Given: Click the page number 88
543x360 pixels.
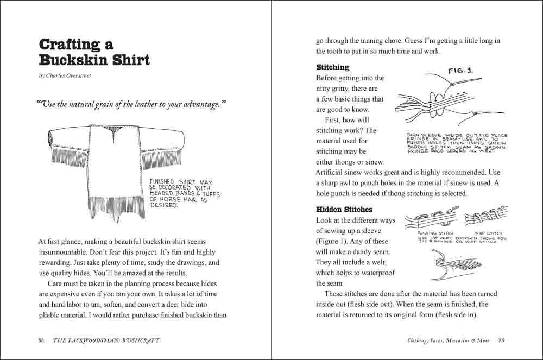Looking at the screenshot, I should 41,340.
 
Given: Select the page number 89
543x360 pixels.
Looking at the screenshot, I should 502,340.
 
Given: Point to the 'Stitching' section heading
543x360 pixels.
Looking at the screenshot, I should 333,67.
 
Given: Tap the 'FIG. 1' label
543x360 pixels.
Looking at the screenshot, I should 461,71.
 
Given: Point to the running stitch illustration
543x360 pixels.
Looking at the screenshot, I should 428,217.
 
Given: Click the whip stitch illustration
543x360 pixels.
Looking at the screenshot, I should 487,217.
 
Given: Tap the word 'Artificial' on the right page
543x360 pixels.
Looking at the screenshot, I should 332,173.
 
